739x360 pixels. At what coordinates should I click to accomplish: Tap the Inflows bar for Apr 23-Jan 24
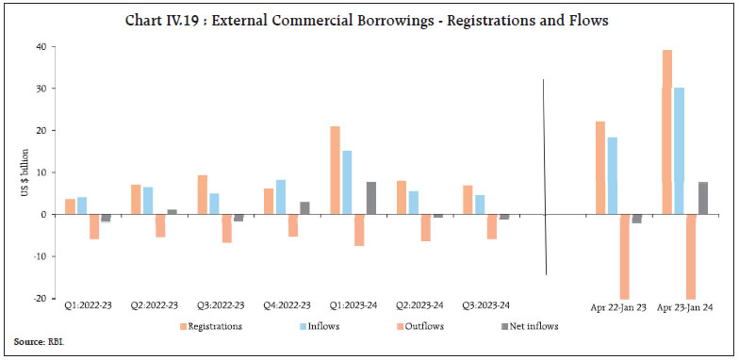coord(679,151)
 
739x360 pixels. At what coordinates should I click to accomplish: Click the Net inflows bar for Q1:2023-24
coord(370,198)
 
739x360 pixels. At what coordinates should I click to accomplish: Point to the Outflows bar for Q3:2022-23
coord(226,228)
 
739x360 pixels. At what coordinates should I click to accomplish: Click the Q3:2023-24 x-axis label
coord(491,306)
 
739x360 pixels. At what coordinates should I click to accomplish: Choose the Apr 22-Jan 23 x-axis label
coord(618,306)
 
